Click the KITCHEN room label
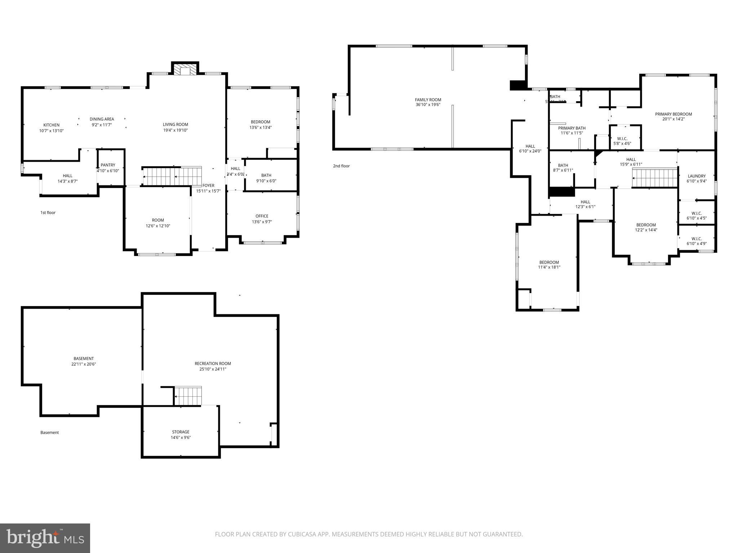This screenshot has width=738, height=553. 52,125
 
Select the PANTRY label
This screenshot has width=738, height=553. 108,165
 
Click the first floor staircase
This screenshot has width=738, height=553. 172,176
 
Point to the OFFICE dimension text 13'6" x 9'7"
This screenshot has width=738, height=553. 262,222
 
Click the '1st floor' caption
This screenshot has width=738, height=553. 48,213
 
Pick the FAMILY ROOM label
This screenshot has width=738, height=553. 428,100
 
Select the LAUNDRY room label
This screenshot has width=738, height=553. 696,176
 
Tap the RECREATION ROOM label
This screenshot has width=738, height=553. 213,364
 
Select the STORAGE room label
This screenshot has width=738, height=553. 181,432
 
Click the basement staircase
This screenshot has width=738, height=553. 188,396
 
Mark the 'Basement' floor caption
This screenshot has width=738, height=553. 49,433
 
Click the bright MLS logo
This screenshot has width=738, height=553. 45,538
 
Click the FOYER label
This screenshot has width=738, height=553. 208,185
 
